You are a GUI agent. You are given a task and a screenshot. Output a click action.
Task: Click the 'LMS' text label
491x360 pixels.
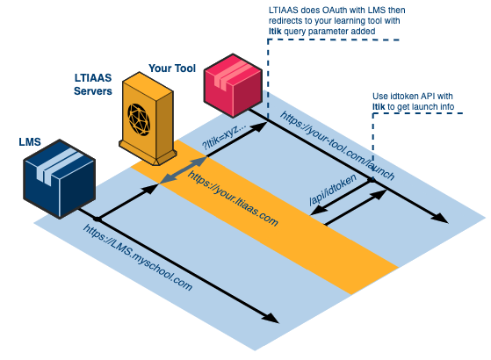(29, 140)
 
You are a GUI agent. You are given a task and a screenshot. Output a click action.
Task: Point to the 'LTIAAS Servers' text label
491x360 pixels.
(93, 85)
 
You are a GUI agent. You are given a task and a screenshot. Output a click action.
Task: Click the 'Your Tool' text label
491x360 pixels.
(172, 66)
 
